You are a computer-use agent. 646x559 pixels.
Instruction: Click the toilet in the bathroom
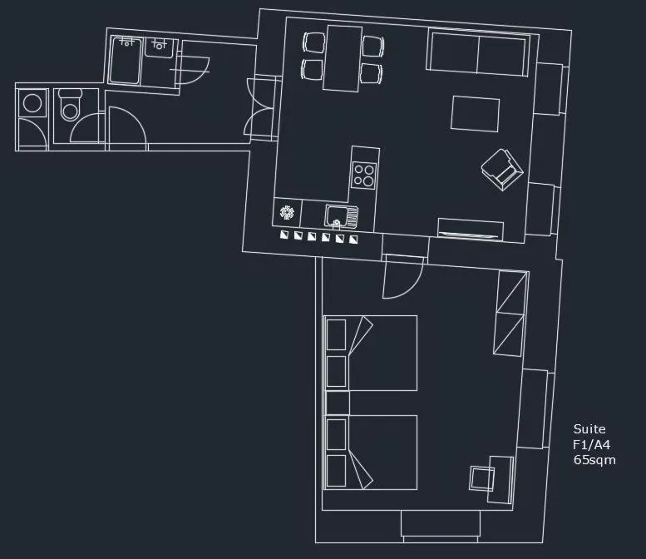pyautogui.click(x=71, y=108)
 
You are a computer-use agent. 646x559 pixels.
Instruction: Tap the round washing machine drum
pyautogui.click(x=32, y=103)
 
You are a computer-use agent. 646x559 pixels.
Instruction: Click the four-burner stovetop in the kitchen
pyautogui.click(x=363, y=174)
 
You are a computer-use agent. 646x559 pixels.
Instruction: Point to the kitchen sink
pyautogui.click(x=340, y=215)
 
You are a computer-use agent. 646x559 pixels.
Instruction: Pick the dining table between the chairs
pyautogui.click(x=343, y=57)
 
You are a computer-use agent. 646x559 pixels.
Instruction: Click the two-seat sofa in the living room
pyautogui.click(x=477, y=52)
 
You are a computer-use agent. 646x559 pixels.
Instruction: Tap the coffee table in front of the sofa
pyautogui.click(x=475, y=114)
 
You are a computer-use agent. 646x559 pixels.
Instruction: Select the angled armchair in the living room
pyautogui.click(x=502, y=170)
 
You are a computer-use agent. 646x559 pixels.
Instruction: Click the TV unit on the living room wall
pyautogui.click(x=471, y=229)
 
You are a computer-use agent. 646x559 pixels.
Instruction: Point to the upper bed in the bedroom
pyautogui.click(x=372, y=353)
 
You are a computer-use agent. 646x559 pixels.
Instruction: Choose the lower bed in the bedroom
pyautogui.click(x=372, y=453)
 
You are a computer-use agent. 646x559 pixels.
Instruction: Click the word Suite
pyautogui.click(x=589, y=429)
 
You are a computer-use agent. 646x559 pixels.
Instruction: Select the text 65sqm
pyautogui.click(x=594, y=460)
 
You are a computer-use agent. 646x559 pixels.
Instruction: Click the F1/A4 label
pyautogui.click(x=592, y=445)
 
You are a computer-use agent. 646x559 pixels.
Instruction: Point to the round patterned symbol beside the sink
pyautogui.click(x=288, y=213)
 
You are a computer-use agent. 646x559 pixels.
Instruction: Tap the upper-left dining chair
pyautogui.click(x=313, y=42)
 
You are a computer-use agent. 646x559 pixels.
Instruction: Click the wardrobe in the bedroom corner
pyautogui.click(x=510, y=313)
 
